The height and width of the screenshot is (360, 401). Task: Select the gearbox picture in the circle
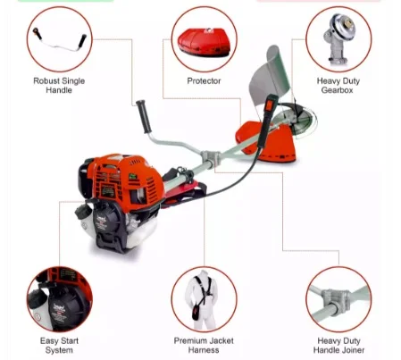point(338,38)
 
